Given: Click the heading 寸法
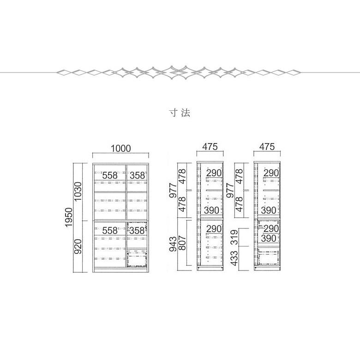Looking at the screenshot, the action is pos(180,113).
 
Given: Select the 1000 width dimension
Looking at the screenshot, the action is pos(121,149).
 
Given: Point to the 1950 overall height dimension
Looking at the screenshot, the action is pos(69,217).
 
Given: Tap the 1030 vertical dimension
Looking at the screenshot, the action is pos(78,191).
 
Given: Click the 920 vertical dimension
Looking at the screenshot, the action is pos(78,246).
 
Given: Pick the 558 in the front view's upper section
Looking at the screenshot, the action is pos(110,175).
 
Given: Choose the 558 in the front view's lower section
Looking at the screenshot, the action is pos(110,230).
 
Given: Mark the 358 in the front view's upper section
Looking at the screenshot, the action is pos(137,175).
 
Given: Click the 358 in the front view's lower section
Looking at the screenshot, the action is pos(137,230).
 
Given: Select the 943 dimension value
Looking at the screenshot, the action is pos(173,244).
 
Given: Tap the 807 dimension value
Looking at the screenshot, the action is pos(181,243).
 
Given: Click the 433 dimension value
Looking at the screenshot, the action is pos(234,258).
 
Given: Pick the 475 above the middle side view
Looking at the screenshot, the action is pos(210,146).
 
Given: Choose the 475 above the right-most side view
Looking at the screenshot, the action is pos(267,146).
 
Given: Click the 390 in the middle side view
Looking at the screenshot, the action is pos(211,210).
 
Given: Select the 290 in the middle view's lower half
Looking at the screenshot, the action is pos(214,228).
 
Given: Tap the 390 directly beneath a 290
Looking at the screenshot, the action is pos(269,238).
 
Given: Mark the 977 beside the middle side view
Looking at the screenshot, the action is pos(173,191).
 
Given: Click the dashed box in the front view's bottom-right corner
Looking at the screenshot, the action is pos(137,258).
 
